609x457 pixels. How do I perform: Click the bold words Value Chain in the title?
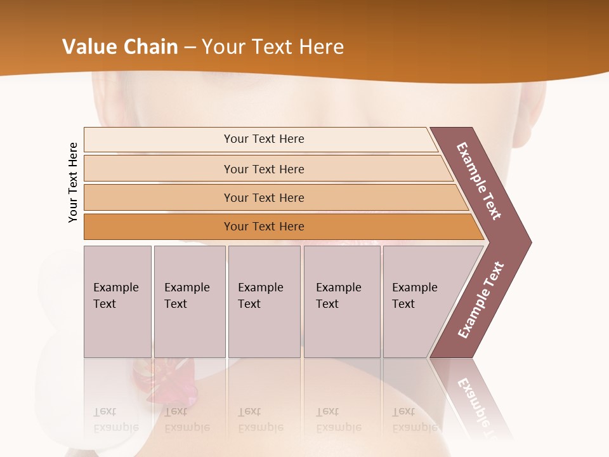120,47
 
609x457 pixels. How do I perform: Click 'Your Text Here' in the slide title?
273,47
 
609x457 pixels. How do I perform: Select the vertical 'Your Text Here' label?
73,182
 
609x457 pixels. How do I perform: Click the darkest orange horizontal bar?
159,227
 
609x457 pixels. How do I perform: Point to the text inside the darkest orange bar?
264,227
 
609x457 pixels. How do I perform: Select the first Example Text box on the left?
117,301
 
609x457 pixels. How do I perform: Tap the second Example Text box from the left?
190,301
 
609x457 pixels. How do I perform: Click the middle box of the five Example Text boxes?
264,301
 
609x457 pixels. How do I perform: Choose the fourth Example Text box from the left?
342,301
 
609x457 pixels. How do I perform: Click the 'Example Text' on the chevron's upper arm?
479,181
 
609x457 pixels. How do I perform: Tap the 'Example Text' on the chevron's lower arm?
481,300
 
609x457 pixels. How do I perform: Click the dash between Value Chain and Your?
190,48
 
